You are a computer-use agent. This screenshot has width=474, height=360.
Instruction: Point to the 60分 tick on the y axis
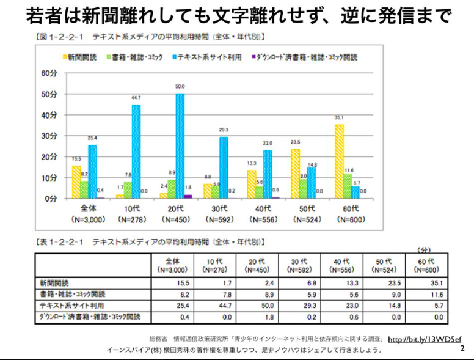(49, 73)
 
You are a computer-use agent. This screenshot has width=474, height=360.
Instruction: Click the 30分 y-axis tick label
(49, 136)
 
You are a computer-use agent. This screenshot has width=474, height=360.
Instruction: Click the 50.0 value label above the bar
(180, 87)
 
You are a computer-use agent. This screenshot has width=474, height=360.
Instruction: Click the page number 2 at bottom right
(462, 348)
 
